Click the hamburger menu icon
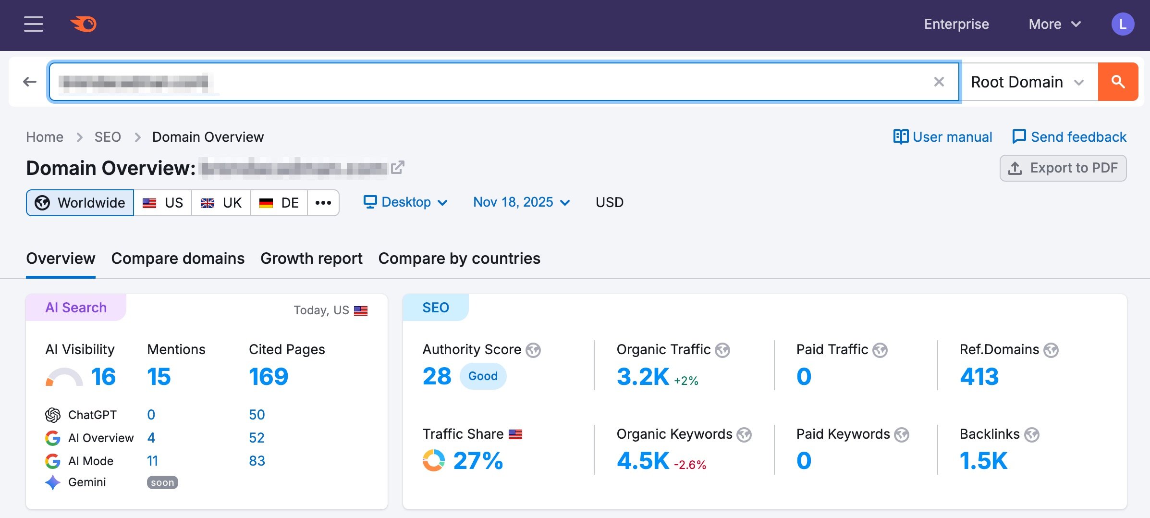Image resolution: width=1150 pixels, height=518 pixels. click(x=34, y=24)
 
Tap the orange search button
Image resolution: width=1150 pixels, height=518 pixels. click(x=1118, y=82)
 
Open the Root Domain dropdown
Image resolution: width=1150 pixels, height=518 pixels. click(x=1027, y=82)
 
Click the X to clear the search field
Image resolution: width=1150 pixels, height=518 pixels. click(x=939, y=82)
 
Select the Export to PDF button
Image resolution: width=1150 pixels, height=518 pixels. click(x=1063, y=168)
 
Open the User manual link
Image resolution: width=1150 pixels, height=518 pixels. click(x=942, y=137)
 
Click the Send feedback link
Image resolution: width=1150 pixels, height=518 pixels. click(x=1069, y=137)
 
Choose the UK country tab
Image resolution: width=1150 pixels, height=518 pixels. click(x=221, y=203)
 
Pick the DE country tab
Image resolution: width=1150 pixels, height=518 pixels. click(x=279, y=203)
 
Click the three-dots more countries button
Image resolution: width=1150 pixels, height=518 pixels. click(x=323, y=203)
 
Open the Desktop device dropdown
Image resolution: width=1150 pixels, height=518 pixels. click(x=406, y=202)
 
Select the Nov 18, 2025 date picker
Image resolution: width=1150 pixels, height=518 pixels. click(x=522, y=202)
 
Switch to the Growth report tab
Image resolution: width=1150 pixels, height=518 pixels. click(x=311, y=259)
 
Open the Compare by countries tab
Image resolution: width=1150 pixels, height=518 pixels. click(x=459, y=259)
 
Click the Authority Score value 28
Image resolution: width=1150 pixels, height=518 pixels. click(x=437, y=376)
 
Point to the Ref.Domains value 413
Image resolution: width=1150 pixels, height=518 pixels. click(x=979, y=376)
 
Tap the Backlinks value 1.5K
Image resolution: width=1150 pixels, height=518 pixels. click(x=983, y=461)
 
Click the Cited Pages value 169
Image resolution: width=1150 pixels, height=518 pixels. click(x=269, y=376)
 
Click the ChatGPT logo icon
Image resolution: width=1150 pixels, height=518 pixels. click(x=53, y=415)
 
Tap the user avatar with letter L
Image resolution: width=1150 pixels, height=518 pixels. click(x=1123, y=24)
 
